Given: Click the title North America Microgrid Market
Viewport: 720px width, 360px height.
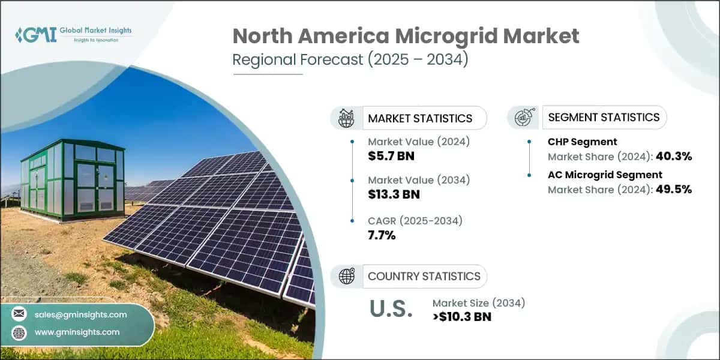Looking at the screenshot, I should pos(406,36).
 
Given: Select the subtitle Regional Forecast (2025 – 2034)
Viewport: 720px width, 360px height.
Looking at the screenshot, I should pos(350,60).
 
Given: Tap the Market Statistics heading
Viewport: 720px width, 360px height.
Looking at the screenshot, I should pos(420,118).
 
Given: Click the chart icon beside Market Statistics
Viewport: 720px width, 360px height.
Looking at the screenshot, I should pos(346,118).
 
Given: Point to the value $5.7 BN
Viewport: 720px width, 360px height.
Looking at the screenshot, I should pos(391,156).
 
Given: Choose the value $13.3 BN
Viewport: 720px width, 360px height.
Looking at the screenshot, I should pos(394,194).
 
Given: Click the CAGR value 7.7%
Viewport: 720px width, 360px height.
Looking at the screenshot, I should pos(382,235).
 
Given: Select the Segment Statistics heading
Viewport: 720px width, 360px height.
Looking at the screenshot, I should pos(604,117).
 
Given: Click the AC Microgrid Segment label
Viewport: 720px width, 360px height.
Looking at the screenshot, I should pos(605,175).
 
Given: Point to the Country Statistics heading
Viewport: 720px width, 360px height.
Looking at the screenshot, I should pos(424,276).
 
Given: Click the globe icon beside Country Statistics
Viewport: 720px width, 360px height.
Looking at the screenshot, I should pos(346,276).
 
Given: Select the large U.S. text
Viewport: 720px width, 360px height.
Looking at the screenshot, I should pos(391,310).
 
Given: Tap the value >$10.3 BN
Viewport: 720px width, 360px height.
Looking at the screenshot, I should pos(462,317).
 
